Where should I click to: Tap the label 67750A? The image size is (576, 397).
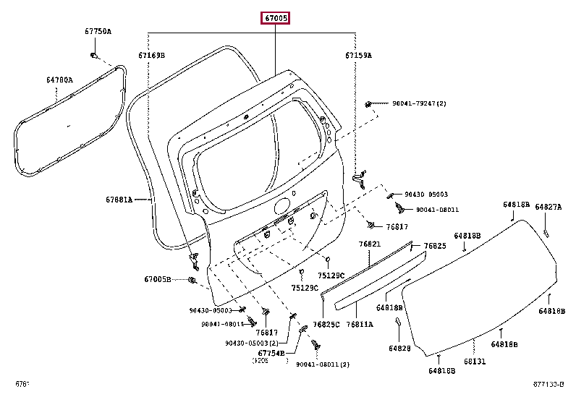coord(98,31)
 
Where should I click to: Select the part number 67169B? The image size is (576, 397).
coord(152,55)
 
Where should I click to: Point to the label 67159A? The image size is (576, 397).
coord(357,55)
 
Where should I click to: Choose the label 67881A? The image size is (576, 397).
coord(119,199)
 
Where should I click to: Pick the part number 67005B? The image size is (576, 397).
coord(157,279)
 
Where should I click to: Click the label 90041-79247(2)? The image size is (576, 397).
coord(420,103)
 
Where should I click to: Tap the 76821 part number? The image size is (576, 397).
coord(370,244)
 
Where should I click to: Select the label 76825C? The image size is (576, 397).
coord(326,325)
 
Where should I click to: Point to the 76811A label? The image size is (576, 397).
coord(360,325)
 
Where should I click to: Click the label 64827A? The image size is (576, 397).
coord(548,207)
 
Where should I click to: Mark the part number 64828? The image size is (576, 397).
coord(399,349)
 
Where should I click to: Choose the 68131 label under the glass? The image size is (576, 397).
coord(475,361)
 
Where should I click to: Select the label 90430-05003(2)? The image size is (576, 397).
coord(252,343)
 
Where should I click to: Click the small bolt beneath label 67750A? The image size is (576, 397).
coord(94,55)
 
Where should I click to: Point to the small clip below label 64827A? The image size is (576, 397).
coord(546,232)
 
